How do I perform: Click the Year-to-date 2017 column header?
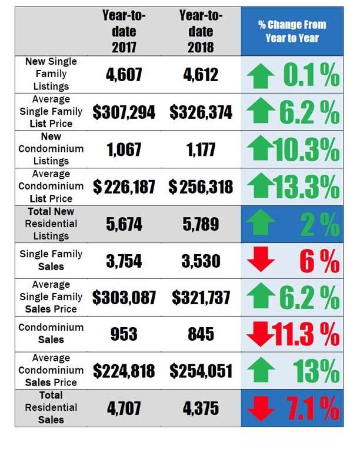(x=124, y=31)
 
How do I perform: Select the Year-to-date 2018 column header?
(x=201, y=31)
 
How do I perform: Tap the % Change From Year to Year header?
(x=292, y=31)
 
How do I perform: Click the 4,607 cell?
(x=124, y=75)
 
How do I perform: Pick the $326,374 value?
(x=201, y=112)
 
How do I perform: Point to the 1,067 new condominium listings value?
(x=124, y=149)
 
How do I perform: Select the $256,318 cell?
(x=201, y=187)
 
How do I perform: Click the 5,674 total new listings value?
(x=124, y=224)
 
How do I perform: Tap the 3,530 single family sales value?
(x=201, y=261)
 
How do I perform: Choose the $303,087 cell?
(x=124, y=298)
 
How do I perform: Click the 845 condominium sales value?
(x=201, y=334)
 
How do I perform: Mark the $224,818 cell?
(x=124, y=371)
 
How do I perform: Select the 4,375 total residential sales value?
(x=201, y=407)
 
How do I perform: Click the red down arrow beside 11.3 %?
(x=259, y=335)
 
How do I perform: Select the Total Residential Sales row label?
(x=51, y=407)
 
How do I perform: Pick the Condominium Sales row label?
(x=51, y=334)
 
